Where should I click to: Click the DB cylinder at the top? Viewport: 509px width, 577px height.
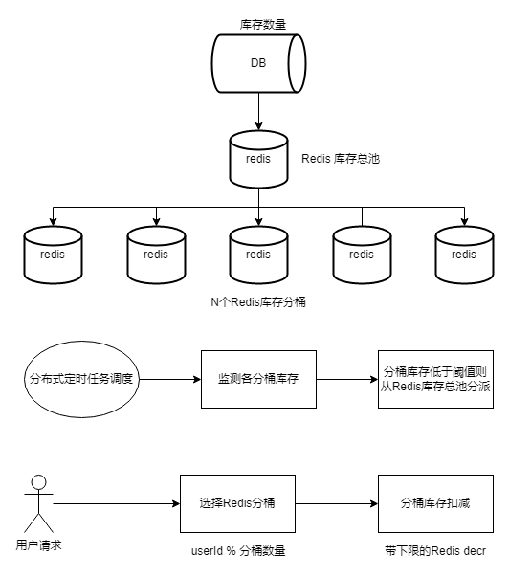(258, 63)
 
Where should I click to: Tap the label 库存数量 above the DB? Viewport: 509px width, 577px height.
(263, 25)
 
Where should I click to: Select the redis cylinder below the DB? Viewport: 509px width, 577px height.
(258, 159)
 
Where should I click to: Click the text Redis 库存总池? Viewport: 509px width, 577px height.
(341, 159)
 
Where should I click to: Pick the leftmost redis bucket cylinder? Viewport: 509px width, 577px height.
(53, 255)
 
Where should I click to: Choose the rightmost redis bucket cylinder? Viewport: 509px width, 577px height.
(464, 255)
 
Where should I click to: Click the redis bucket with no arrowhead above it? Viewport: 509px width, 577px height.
(362, 255)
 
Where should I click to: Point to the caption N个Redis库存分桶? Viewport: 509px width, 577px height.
(258, 302)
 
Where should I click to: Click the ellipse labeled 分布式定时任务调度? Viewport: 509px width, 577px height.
(81, 379)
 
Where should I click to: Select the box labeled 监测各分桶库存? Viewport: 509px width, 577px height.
(258, 379)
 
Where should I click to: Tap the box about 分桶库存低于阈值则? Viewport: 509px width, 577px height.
(435, 379)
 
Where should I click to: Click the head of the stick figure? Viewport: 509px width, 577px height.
(38, 482)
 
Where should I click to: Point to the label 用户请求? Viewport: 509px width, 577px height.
(38, 545)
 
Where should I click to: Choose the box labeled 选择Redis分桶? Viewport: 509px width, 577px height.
(237, 503)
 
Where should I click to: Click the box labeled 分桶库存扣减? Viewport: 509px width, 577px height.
(435, 503)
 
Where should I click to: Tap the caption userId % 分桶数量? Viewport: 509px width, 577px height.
(238, 551)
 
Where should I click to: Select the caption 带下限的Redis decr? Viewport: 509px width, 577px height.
(435, 551)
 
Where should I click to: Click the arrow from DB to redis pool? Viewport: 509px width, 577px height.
(258, 112)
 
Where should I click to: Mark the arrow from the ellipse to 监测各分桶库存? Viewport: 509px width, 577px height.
(170, 379)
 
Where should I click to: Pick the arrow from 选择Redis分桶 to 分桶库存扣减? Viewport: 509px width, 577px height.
(337, 503)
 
